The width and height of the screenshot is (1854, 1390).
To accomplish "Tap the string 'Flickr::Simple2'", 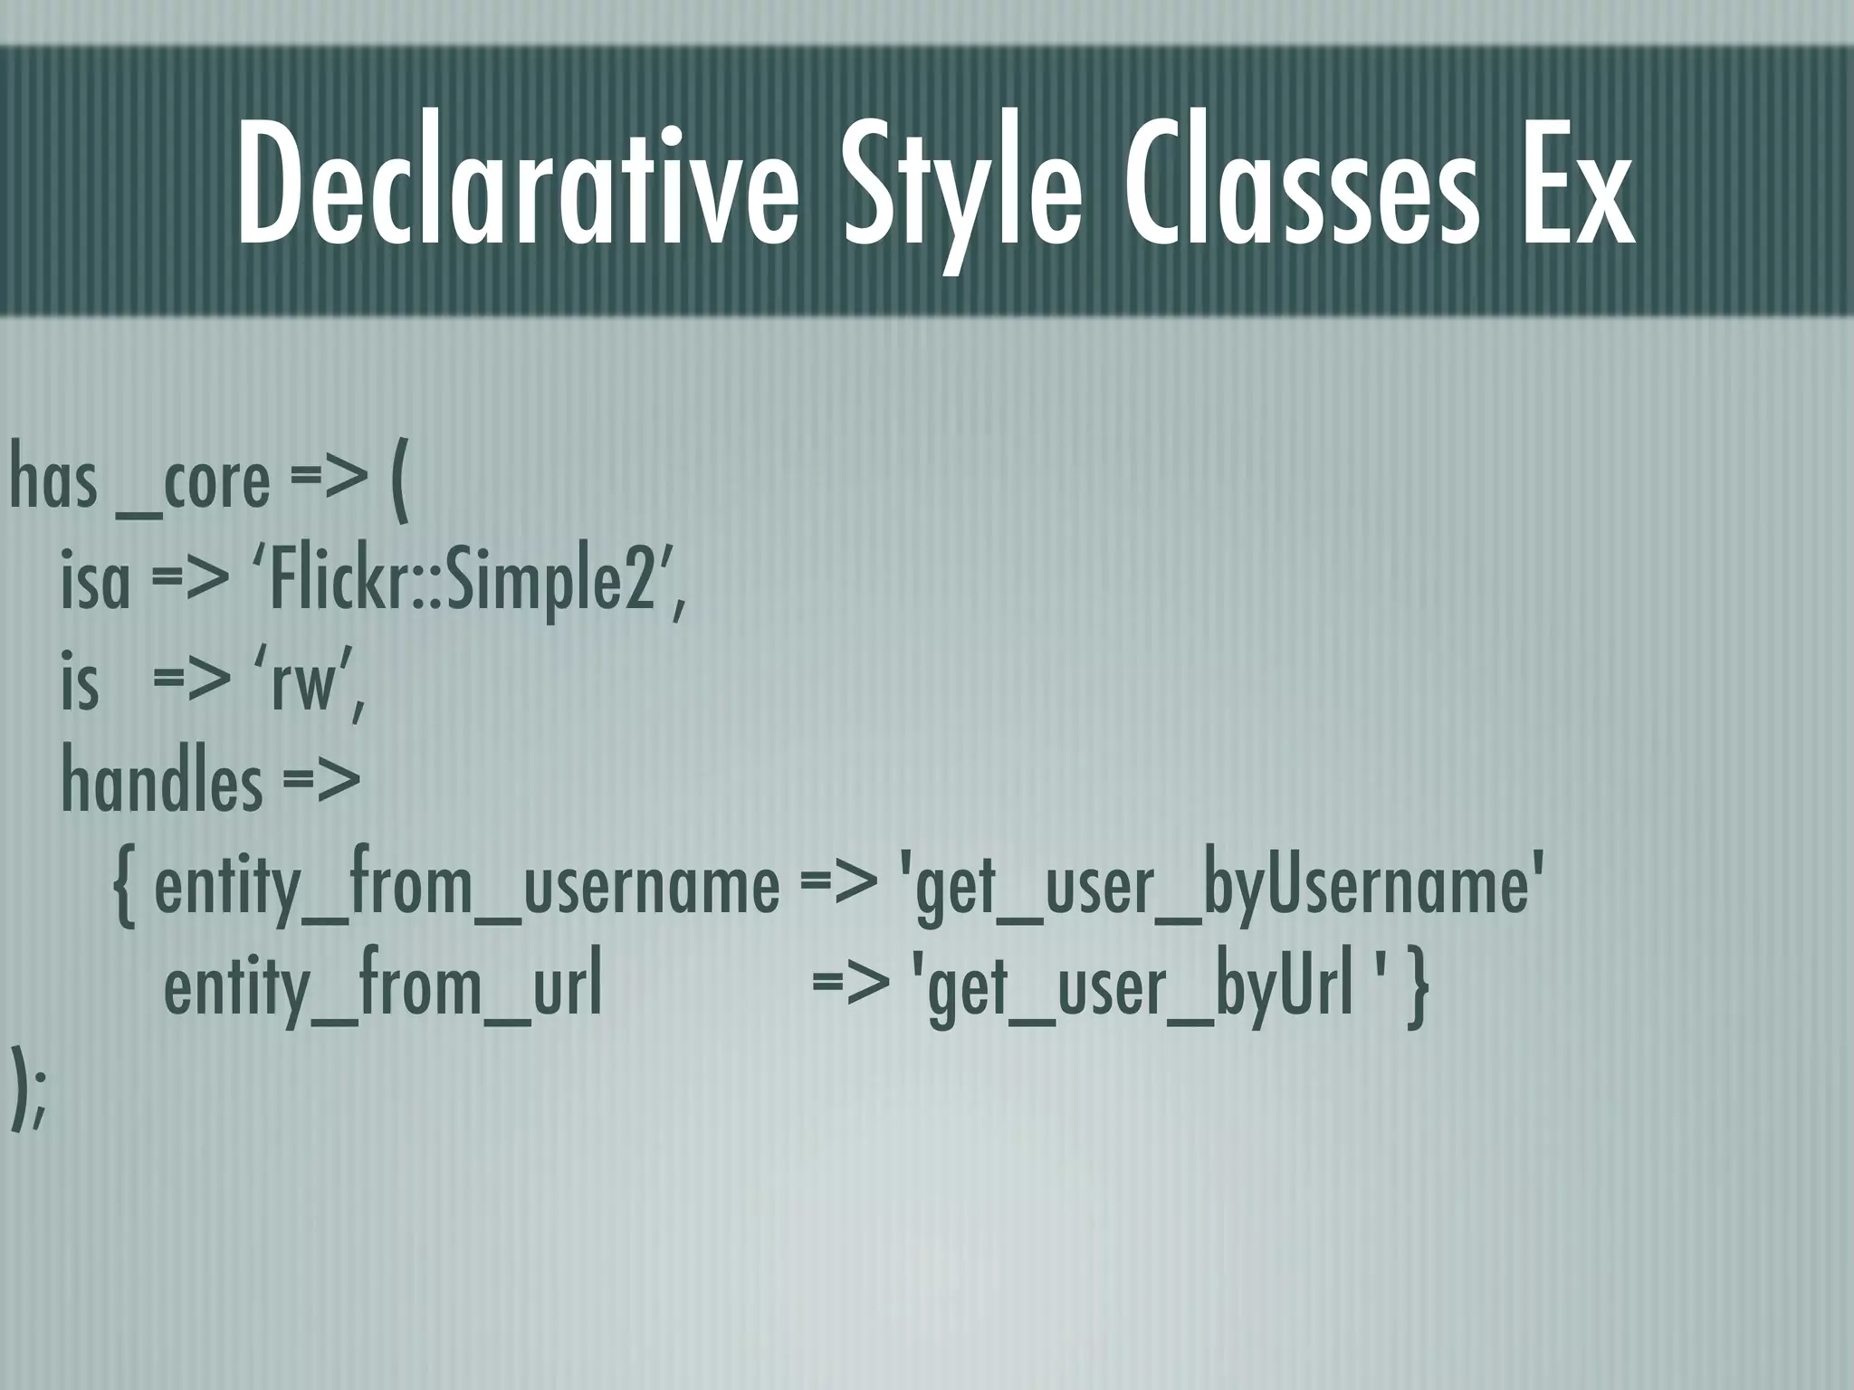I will [467, 584].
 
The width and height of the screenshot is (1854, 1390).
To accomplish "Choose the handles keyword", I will [161, 784].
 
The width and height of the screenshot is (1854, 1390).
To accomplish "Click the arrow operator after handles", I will [321, 784].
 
